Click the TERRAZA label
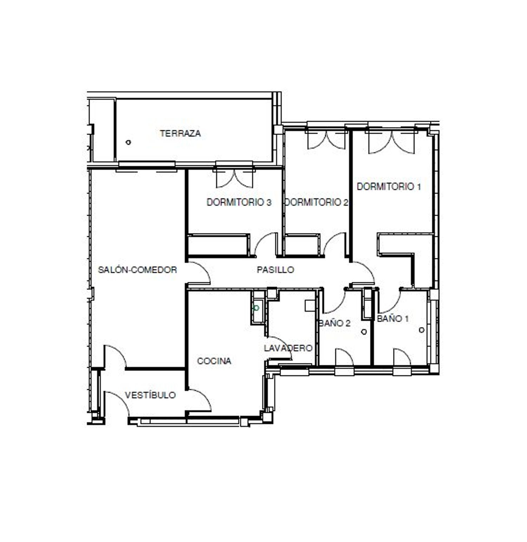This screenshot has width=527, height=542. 180,133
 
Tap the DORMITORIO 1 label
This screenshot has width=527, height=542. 389,187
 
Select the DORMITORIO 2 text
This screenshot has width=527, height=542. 316,202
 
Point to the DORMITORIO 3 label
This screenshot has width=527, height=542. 239,202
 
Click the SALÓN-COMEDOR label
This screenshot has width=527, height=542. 137,270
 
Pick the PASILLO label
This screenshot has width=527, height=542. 275,270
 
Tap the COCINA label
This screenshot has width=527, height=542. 214,361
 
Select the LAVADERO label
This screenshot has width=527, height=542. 288,348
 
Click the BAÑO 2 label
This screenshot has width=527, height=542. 334,323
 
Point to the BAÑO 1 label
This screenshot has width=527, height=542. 393,319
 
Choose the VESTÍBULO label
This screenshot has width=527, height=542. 150,395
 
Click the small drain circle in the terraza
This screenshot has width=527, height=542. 129,142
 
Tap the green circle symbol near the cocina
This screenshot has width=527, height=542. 256,308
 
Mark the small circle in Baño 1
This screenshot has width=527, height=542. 422,330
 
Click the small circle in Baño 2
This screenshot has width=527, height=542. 364,332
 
